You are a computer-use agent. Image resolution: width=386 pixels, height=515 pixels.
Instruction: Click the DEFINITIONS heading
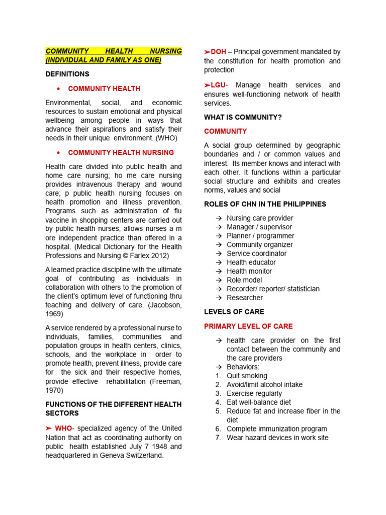pos(67,74)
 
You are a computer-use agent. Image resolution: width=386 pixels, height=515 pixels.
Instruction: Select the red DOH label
pos(219,52)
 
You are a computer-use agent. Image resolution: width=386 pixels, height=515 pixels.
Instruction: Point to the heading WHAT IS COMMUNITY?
pos(243,117)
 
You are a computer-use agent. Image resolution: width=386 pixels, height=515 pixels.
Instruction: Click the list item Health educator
pos(251,262)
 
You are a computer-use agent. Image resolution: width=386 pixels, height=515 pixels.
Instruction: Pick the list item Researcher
pos(245,297)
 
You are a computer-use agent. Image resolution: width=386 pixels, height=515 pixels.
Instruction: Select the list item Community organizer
pos(260,244)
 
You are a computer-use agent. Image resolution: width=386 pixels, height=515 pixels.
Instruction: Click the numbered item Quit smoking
pos(247,376)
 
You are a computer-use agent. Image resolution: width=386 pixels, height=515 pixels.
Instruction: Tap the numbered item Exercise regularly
pos(254,393)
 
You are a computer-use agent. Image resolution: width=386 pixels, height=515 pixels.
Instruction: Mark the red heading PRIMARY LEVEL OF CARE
pos(248,326)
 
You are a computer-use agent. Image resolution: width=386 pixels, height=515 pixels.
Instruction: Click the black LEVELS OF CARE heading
pos(234,312)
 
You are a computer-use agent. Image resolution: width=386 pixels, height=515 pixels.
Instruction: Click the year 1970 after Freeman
pos(54,390)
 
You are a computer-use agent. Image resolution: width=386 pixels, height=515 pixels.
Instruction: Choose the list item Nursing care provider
pos(260,218)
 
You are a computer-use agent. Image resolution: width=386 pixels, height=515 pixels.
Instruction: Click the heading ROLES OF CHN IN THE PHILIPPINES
pos(265,204)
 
